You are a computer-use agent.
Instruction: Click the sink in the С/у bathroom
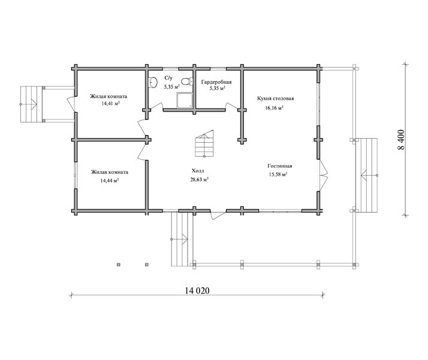[x=153, y=82]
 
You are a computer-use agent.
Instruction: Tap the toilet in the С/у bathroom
[x=187, y=82]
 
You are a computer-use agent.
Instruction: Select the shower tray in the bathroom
[x=185, y=100]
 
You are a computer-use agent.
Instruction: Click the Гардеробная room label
[x=216, y=82]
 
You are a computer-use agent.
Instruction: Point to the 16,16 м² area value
[x=274, y=107]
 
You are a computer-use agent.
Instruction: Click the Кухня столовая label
[x=275, y=98]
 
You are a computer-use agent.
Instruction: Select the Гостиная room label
[x=280, y=166]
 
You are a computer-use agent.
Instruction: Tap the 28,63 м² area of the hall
[x=200, y=179]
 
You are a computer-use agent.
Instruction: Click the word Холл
[x=198, y=171]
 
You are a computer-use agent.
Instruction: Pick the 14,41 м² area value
[x=110, y=104]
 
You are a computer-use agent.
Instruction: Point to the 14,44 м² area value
[x=110, y=181]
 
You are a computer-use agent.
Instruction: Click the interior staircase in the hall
[x=204, y=143]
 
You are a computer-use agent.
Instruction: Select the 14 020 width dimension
[x=197, y=290]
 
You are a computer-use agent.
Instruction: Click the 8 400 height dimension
[x=401, y=140]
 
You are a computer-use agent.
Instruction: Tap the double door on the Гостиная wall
[x=324, y=175]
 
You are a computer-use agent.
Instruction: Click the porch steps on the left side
[x=31, y=104]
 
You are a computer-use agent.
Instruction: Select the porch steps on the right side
[x=369, y=175]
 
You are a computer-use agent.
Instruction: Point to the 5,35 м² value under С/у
[x=171, y=87]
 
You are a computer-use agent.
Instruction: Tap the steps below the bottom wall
[x=180, y=239]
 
